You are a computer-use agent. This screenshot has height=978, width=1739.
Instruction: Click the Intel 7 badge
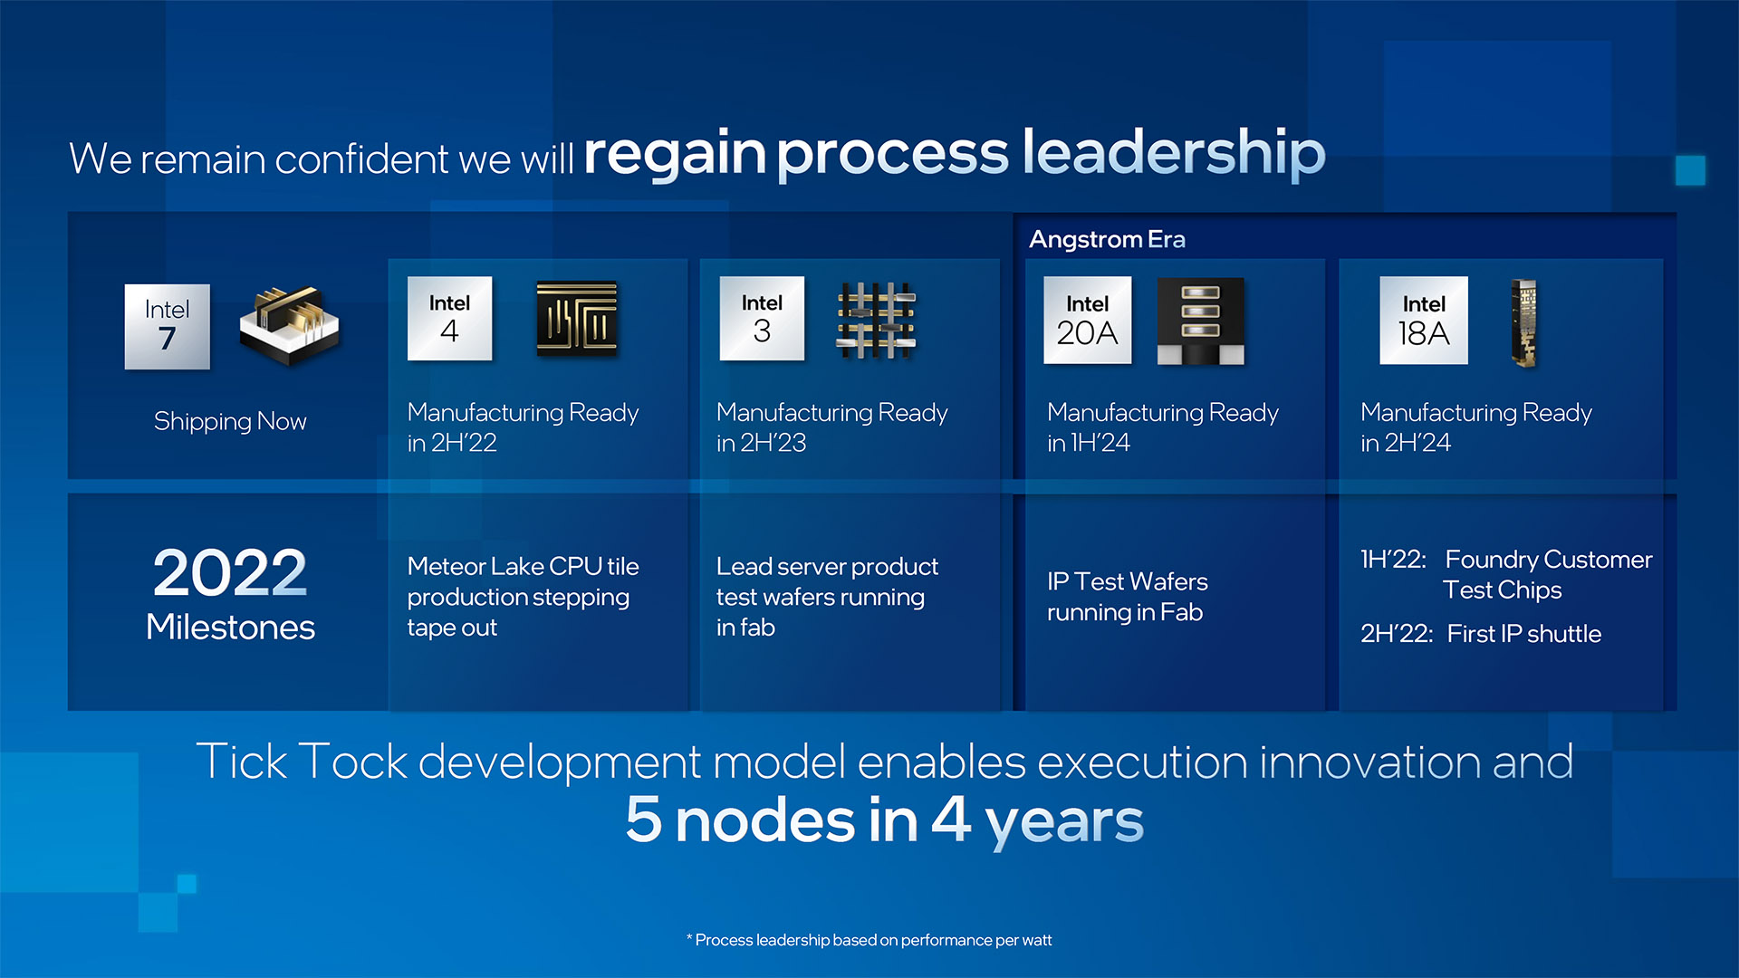pos(167,327)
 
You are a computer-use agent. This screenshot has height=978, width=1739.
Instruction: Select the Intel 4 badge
pos(449,319)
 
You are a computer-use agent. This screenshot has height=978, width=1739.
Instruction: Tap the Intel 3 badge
pos(762,319)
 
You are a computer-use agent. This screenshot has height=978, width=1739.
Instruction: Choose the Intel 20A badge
pos(1087,321)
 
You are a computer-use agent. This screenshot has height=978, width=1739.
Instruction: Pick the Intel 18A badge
pos(1424,321)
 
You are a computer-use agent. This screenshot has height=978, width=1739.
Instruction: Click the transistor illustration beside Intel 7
pos(289,326)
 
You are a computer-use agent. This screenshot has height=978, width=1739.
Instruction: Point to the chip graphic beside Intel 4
pos(577,318)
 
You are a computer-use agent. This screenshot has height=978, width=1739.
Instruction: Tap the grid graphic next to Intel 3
pos(876,320)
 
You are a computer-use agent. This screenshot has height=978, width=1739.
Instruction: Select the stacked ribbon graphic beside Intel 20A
pos(1200,321)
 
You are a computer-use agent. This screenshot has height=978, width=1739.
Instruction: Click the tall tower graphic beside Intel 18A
pos(1524,323)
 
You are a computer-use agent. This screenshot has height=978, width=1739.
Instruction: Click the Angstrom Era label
pos(1107,239)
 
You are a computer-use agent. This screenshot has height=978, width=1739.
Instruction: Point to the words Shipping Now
pos(230,422)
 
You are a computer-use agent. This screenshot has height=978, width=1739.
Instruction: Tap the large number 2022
pos(230,572)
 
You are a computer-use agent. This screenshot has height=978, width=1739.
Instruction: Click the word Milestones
pos(230,627)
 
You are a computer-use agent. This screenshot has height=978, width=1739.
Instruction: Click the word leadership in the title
pos(1174,151)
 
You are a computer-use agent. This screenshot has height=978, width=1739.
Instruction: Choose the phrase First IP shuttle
pos(1523,634)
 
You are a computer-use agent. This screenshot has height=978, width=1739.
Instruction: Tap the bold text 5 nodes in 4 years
pos(884,820)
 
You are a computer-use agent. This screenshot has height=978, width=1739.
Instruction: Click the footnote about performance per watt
pos(869,940)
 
